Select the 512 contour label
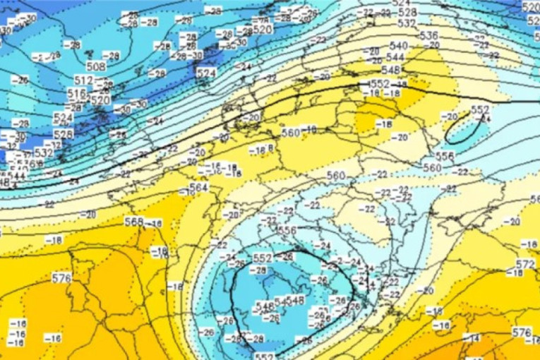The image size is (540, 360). tap(83, 80)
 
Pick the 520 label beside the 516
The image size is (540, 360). tap(101, 100)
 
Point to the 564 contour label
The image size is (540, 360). tap(199, 187)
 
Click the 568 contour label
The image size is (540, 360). tap(133, 222)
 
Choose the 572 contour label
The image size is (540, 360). tap(524, 264)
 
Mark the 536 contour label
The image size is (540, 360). tap(428, 35)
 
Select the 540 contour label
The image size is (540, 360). tap(398, 46)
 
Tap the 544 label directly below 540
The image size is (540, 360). tap(396, 57)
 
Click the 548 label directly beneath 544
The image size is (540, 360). tap(390, 70)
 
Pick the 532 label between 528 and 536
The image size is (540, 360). tap(407, 23)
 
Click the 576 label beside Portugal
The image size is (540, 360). tap(61, 278)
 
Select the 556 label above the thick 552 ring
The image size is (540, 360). tap(287, 230)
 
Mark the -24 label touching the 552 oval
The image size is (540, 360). tap(484, 119)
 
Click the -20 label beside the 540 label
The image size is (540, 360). tap(431, 45)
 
